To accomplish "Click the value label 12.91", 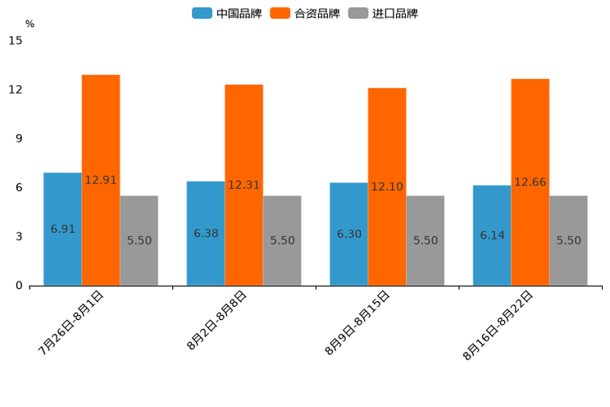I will (x=101, y=180).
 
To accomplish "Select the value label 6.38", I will (x=206, y=234).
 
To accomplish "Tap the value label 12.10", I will (x=387, y=187).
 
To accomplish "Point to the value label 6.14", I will (x=492, y=236).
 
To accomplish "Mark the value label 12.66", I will (x=530, y=182).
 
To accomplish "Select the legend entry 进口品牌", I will (x=384, y=13).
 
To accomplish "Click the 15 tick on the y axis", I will (x=16, y=40).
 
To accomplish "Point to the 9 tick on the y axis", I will (x=19, y=139).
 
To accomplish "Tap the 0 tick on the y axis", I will (x=19, y=286).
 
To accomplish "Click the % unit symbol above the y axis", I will (x=30, y=24).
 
